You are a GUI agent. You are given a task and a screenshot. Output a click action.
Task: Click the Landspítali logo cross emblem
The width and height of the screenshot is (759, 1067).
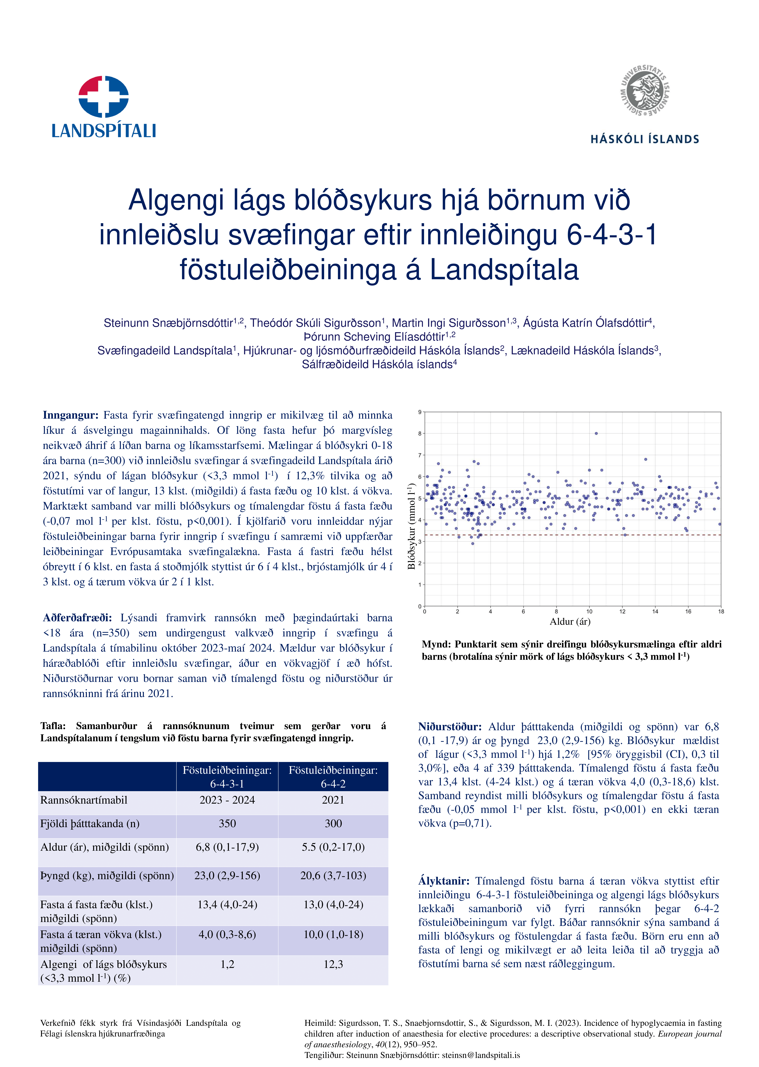click(x=103, y=96)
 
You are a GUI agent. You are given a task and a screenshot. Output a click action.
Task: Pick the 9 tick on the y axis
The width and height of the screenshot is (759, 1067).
click(x=420, y=412)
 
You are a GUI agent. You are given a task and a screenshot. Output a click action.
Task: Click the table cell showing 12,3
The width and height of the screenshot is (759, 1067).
click(x=333, y=964)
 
